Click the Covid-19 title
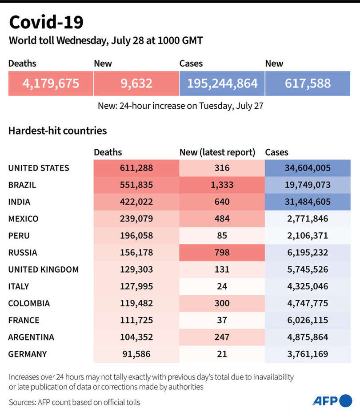(46, 22)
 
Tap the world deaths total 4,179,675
(51, 83)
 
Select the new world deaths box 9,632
(136, 83)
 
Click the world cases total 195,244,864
(222, 83)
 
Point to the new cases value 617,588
(308, 83)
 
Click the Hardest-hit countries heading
(58, 131)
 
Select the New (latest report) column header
(217, 152)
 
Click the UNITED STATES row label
(39, 168)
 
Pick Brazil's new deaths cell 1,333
(222, 185)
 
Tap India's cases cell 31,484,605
(308, 202)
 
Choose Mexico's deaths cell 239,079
(136, 219)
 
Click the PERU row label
(20, 236)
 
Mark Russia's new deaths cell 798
(222, 253)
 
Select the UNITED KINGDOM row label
(44, 269)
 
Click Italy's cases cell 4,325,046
(308, 286)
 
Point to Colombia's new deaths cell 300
(222, 303)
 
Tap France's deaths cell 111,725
(136, 320)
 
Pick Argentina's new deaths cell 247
(222, 337)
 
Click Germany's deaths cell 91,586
(136, 354)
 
